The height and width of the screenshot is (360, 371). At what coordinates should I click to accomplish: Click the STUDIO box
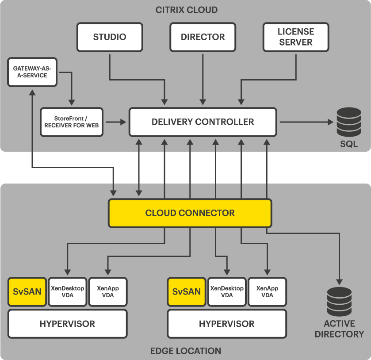click(110, 37)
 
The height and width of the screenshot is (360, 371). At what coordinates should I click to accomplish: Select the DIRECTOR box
click(203, 37)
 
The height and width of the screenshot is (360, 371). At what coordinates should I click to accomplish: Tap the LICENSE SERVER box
click(295, 37)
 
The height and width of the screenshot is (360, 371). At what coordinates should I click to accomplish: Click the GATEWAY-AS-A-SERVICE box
click(32, 72)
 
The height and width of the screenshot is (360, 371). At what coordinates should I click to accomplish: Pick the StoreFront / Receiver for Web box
click(71, 122)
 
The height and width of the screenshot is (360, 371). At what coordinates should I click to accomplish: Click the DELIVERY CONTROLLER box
click(203, 122)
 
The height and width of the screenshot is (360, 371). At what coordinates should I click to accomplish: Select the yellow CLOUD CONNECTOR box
click(190, 213)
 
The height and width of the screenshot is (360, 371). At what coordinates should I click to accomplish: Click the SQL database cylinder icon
click(348, 122)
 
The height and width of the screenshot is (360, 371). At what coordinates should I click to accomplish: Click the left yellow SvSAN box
click(27, 292)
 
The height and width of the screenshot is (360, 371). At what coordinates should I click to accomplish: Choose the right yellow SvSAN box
click(187, 292)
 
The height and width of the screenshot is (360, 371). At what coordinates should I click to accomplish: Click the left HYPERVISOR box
click(67, 324)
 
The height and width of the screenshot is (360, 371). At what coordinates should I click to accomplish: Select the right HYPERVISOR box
click(226, 324)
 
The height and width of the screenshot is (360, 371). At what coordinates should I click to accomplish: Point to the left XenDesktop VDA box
click(67, 292)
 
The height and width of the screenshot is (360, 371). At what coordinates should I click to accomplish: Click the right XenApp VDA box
click(267, 292)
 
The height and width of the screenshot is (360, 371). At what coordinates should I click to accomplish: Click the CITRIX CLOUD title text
click(186, 10)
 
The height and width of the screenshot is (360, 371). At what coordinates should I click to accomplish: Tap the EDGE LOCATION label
click(186, 351)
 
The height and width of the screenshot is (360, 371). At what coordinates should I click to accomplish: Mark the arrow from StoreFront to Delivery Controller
click(115, 122)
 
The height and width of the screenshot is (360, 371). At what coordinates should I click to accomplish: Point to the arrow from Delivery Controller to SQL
click(305, 122)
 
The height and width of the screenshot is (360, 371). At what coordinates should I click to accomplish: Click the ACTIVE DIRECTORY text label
click(339, 329)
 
